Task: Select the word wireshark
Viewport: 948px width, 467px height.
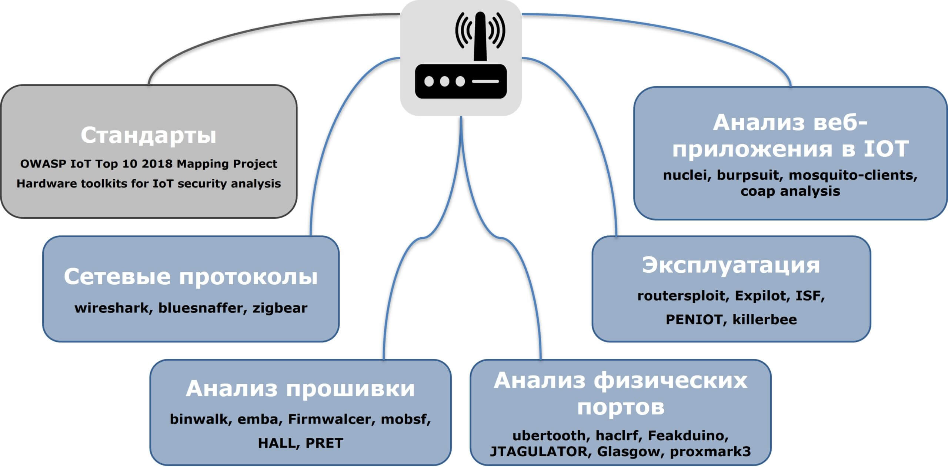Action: tap(111, 308)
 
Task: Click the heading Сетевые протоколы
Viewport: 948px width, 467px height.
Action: tap(190, 276)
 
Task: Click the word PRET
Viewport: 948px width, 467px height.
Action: tap(324, 443)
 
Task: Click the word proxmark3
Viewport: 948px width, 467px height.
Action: tap(710, 451)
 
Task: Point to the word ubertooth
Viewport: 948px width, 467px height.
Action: tap(550, 435)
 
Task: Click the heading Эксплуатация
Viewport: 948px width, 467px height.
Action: tap(731, 265)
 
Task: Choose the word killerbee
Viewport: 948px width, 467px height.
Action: tap(764, 319)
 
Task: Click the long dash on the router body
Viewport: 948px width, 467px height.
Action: tap(485, 81)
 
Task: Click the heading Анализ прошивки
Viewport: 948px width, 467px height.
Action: tap(300, 389)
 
